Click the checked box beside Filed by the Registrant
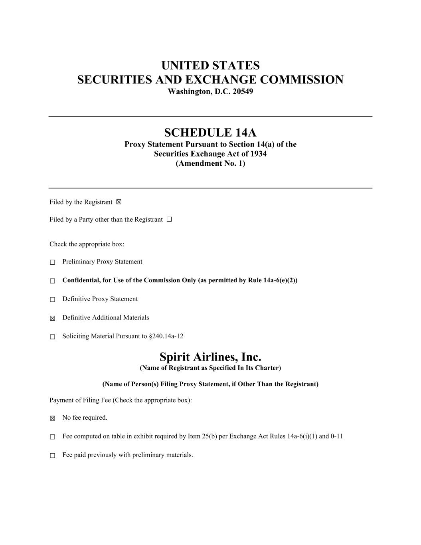point(119,202)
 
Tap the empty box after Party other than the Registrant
point(169,219)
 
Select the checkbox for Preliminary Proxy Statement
point(52,262)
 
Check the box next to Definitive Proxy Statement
point(52,299)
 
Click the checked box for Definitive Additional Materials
point(52,318)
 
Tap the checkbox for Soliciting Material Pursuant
point(52,337)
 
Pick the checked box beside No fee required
point(52,418)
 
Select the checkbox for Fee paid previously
point(52,456)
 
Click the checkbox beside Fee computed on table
point(52,437)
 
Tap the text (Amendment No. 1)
point(210,163)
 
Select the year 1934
point(259,154)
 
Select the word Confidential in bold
point(81,280)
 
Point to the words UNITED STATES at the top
point(210,65)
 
